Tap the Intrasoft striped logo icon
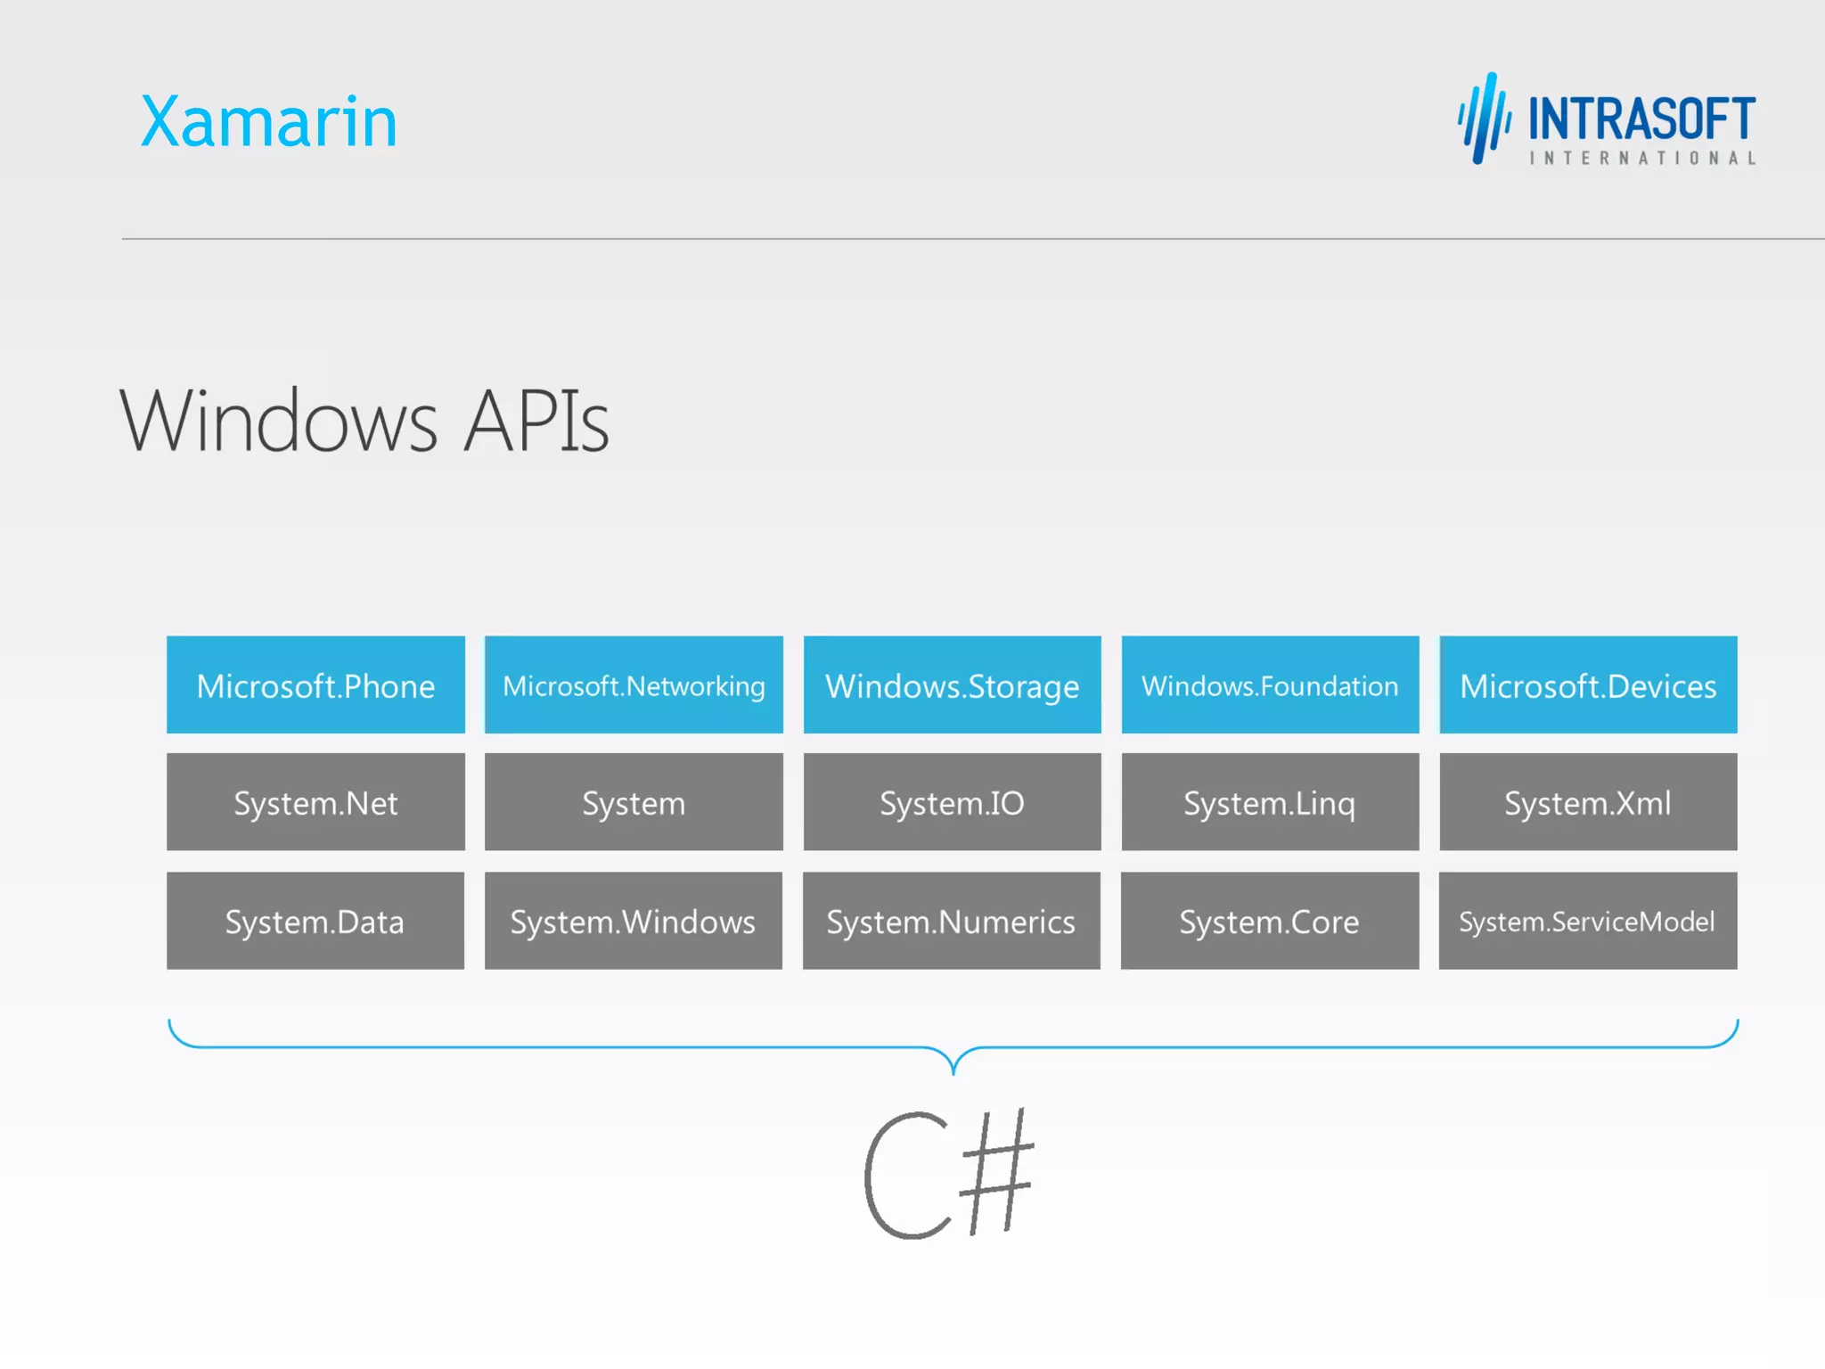(1484, 119)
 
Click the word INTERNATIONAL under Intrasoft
(1642, 159)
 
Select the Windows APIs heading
(364, 421)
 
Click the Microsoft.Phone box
(315, 684)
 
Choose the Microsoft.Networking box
(634, 684)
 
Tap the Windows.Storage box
(952, 684)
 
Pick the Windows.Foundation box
(1270, 684)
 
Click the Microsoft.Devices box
(1588, 684)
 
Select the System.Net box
(315, 802)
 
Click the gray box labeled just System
(634, 802)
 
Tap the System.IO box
(952, 802)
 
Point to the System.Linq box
(1270, 802)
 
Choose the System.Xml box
(1588, 802)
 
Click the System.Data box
(315, 921)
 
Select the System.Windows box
(634, 921)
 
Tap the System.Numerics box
(952, 921)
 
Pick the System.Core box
(1270, 921)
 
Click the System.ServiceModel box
(1588, 921)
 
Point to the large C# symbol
(949, 1174)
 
